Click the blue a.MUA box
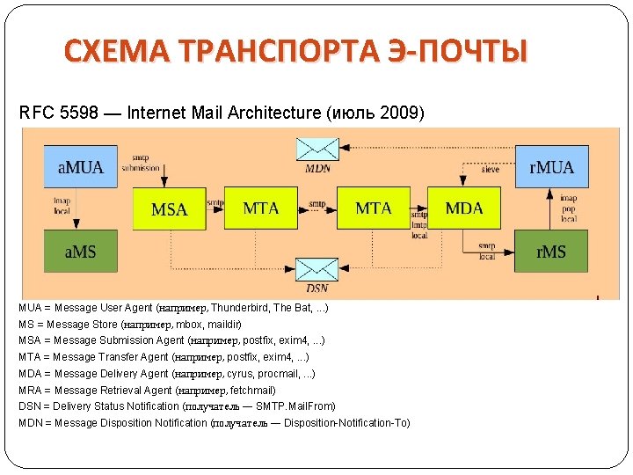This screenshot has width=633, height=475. (x=79, y=167)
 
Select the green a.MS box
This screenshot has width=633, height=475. (x=79, y=252)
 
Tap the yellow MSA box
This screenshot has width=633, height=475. (x=170, y=209)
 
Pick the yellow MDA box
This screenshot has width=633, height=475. (x=464, y=208)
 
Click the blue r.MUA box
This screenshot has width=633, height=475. (x=551, y=167)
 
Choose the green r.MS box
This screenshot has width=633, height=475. (x=551, y=252)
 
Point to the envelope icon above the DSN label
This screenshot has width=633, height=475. (x=316, y=269)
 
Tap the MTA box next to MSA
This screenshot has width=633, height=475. (x=261, y=208)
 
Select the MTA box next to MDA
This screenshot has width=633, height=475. (x=374, y=208)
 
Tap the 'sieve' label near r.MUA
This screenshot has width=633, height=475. (x=491, y=169)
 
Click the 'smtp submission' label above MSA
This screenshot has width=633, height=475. (x=141, y=163)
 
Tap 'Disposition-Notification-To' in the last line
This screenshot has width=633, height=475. (x=346, y=423)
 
